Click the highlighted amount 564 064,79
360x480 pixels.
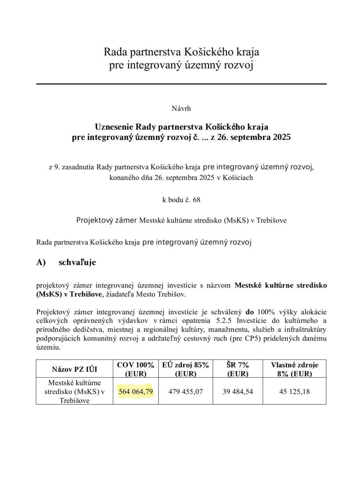click(136, 391)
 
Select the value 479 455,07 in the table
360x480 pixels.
click(185, 391)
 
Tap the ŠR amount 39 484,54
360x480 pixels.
click(238, 391)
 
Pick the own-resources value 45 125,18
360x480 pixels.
click(294, 391)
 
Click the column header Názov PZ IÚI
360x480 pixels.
click(75, 369)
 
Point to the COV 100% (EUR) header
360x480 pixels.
click(136, 369)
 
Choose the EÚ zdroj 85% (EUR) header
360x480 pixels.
click(185, 369)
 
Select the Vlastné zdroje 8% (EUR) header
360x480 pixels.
click(294, 369)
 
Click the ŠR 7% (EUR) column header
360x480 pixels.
click(238, 369)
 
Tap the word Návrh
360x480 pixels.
click(181, 108)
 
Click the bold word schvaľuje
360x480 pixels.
click(77, 262)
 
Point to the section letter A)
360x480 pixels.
click(41, 262)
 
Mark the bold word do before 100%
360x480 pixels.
click(250, 312)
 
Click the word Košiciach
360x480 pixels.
click(238, 178)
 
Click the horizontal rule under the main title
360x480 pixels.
click(181, 84)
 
